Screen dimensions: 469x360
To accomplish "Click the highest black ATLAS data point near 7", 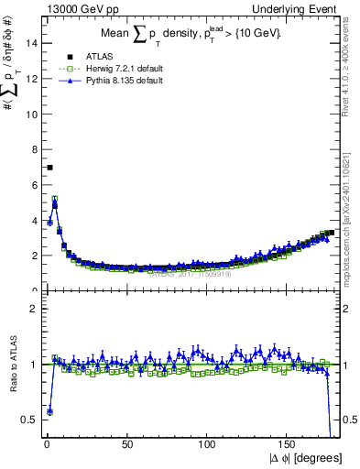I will (49, 167).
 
